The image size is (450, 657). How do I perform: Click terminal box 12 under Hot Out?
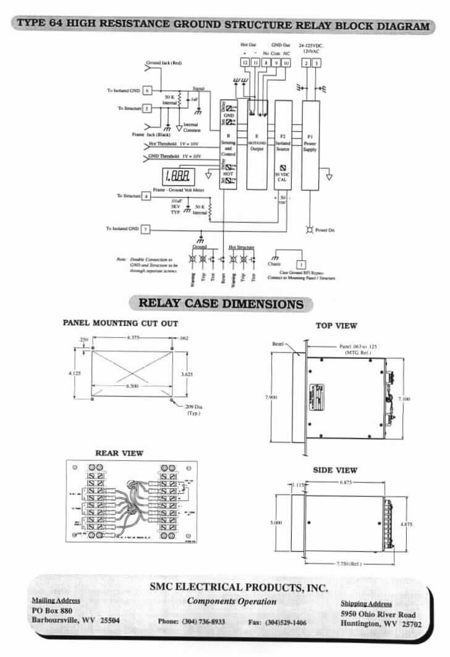pyautogui.click(x=245, y=63)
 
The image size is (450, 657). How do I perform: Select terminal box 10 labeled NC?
pyautogui.click(x=286, y=63)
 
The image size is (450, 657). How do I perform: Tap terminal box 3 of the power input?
pyautogui.click(x=316, y=63)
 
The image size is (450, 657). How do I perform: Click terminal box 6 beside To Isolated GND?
pyautogui.click(x=146, y=90)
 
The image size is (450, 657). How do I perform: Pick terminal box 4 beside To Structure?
pyautogui.click(x=146, y=196)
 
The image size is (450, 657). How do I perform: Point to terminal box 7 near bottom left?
pyautogui.click(x=146, y=229)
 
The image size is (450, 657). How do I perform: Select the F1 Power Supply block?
pyautogui.click(x=310, y=145)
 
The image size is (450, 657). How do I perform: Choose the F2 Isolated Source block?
pyautogui.click(x=283, y=145)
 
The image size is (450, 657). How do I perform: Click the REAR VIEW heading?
pyautogui.click(x=119, y=453)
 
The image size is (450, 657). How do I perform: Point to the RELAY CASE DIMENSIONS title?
pyautogui.click(x=221, y=304)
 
